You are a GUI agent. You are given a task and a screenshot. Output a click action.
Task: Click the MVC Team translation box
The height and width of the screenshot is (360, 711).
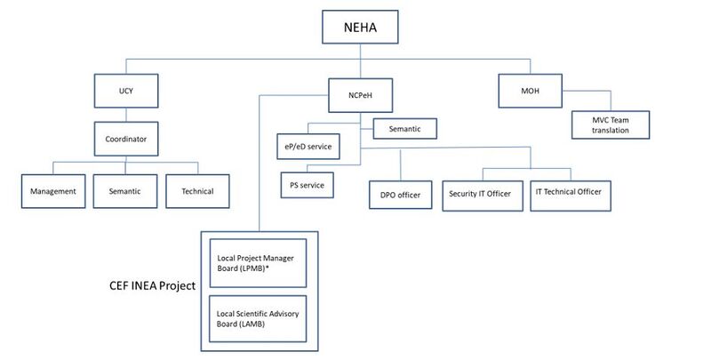click(x=611, y=124)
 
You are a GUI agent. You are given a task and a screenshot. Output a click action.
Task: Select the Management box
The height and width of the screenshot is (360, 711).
click(x=52, y=191)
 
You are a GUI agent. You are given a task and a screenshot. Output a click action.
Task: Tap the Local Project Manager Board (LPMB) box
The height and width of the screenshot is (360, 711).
click(x=256, y=262)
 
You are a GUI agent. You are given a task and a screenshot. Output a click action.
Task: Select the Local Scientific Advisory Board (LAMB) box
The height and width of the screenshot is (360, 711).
click(x=256, y=316)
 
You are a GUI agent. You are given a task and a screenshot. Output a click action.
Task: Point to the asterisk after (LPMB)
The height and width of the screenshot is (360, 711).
click(x=268, y=268)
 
